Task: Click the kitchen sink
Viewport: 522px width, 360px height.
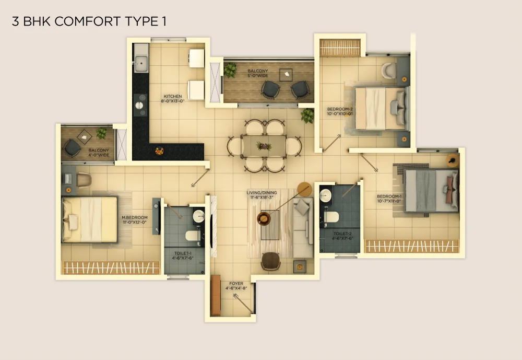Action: [141, 64]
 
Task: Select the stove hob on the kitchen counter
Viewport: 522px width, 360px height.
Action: [140, 105]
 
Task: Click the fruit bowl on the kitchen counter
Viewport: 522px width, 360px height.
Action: [159, 151]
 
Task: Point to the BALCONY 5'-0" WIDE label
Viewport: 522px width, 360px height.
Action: [258, 73]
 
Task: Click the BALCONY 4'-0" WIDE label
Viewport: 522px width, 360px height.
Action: [99, 153]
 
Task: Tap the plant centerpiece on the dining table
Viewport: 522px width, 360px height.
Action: [264, 146]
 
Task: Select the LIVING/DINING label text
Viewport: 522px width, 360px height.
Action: [262, 193]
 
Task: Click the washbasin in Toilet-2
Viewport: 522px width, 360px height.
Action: [325, 196]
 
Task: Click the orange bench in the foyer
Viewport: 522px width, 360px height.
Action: [216, 295]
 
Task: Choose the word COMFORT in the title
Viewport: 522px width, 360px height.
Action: [88, 21]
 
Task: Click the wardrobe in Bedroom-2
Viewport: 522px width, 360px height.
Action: [340, 48]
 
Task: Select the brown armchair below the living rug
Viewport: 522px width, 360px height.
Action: [270, 261]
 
